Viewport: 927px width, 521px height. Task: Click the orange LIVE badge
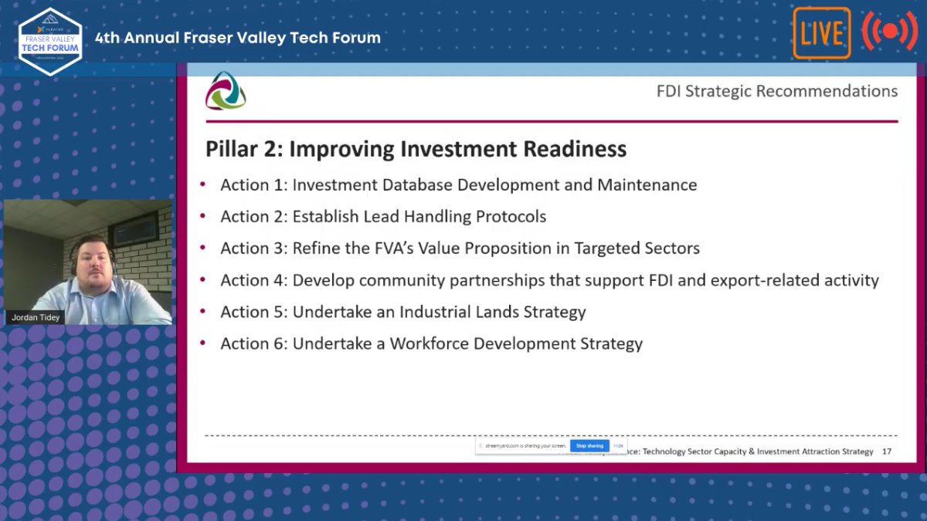[821, 33]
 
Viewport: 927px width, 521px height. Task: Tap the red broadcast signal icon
[889, 32]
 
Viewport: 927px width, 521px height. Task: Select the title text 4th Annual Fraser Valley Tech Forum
[237, 38]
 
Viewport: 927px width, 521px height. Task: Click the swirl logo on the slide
[226, 91]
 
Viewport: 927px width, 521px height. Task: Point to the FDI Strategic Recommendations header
[776, 91]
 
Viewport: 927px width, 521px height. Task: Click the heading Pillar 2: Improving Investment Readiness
[416, 149]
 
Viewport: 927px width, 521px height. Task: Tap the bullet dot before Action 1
[203, 184]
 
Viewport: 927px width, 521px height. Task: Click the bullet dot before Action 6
[203, 343]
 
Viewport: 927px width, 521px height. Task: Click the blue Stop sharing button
[589, 445]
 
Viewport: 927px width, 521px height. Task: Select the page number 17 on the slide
[886, 452]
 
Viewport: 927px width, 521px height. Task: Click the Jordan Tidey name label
[35, 316]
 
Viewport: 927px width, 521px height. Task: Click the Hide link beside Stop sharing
[619, 445]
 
